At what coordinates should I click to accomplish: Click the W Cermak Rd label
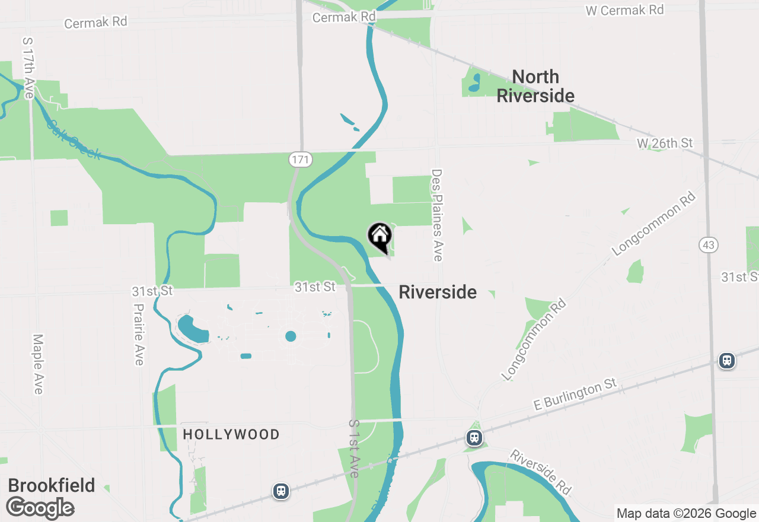coord(624,10)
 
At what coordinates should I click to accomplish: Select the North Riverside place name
coord(535,86)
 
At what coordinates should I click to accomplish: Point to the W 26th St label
coord(665,143)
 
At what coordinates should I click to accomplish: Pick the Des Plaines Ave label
coord(438,215)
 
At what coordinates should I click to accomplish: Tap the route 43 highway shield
coord(709,244)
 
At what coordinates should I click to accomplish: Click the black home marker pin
coord(380,237)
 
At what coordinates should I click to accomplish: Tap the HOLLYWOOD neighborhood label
coord(231,435)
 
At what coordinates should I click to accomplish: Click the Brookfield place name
coord(52,485)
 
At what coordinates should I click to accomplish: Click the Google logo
coord(40,508)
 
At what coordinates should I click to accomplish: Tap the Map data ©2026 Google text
coord(686,514)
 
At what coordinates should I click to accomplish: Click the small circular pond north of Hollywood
coord(291,336)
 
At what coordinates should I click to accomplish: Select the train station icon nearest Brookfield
coord(281,491)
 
